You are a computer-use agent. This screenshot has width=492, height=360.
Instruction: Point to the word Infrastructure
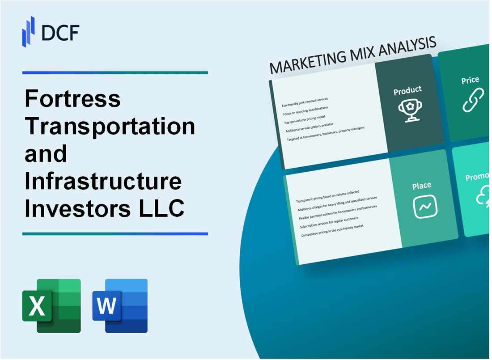click(103, 182)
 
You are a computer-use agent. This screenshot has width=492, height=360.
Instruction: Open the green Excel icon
click(51, 305)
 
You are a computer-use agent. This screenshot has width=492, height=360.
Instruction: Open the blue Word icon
click(120, 305)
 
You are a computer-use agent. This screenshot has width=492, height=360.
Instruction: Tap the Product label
click(407, 91)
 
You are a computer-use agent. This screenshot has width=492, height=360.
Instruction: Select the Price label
click(470, 80)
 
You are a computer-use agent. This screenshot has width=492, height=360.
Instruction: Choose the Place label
click(422, 185)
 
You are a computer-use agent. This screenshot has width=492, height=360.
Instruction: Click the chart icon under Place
click(425, 207)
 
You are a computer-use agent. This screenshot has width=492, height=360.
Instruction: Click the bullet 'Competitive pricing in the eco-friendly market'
click(332, 230)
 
